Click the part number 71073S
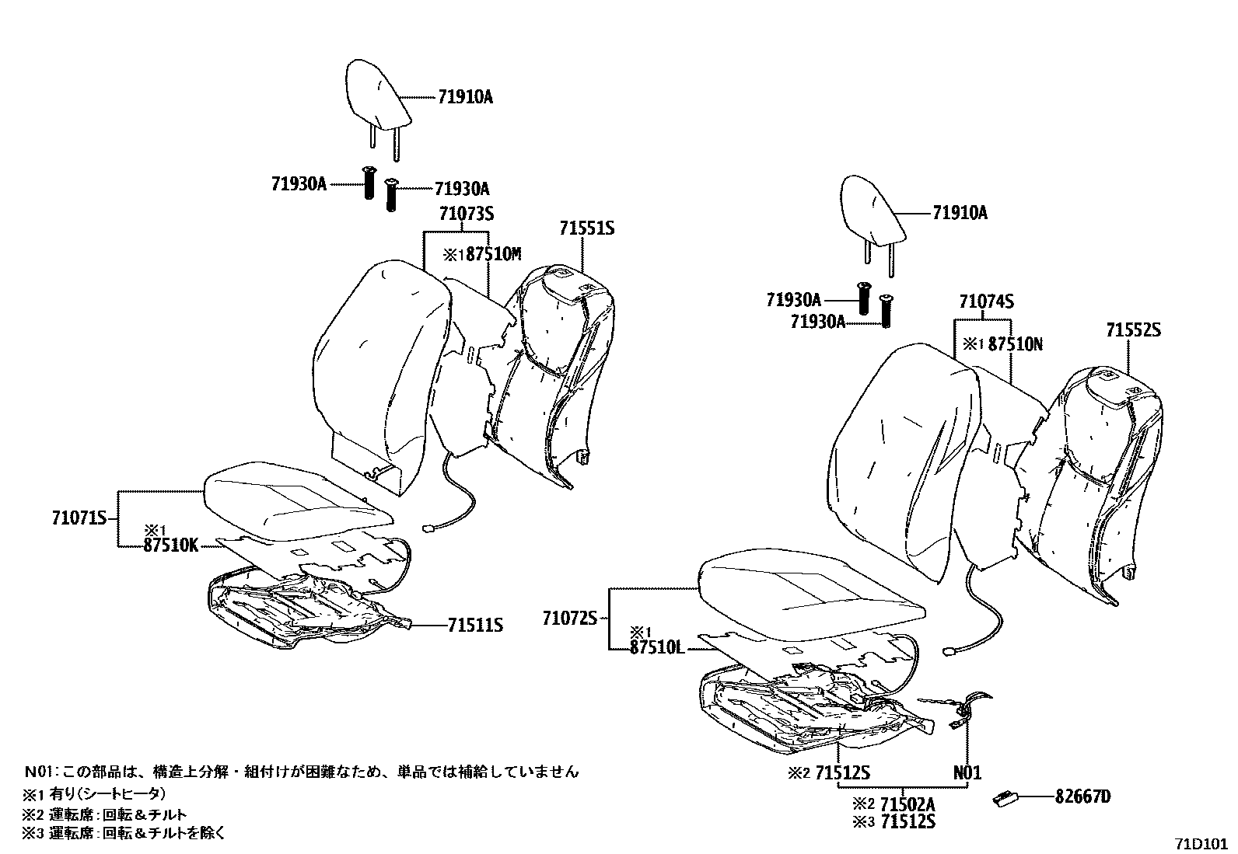click(466, 214)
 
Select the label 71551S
click(586, 228)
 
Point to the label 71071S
click(79, 518)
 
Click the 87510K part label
click(170, 546)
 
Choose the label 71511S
click(474, 625)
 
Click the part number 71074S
click(986, 302)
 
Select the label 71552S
click(1133, 330)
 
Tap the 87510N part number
click(1015, 344)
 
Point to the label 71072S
click(569, 619)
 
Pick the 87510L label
click(657, 647)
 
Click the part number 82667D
click(1083, 796)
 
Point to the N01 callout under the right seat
click(967, 773)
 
